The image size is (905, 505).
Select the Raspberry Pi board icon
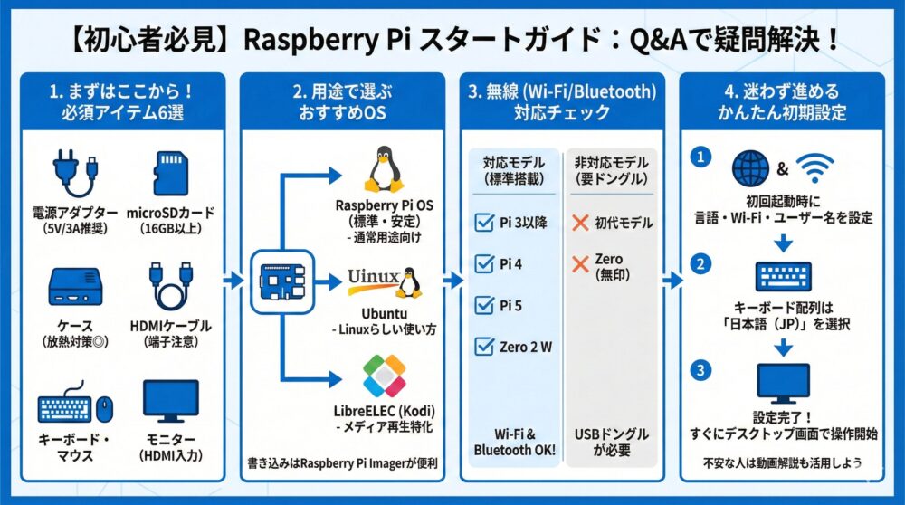(x=282, y=280)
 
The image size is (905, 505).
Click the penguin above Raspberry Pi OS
(x=384, y=169)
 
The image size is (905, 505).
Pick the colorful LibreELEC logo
(x=384, y=377)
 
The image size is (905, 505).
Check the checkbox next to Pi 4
(x=483, y=263)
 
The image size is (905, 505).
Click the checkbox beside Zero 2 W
(x=483, y=347)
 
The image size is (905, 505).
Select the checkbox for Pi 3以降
(x=483, y=223)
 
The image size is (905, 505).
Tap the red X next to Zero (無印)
(x=581, y=265)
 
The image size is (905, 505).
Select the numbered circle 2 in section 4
(x=699, y=264)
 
